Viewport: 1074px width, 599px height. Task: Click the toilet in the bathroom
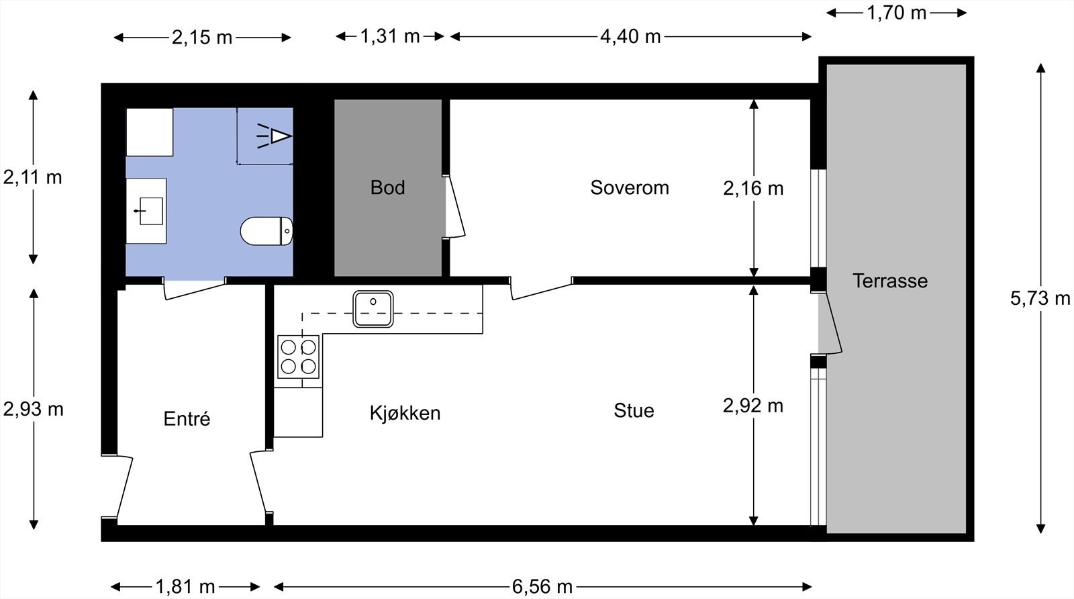266,231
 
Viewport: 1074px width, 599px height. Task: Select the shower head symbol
275,136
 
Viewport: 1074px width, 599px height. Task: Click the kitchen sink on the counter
374,308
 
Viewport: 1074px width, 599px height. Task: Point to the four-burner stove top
298,357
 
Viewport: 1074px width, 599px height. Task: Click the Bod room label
387,187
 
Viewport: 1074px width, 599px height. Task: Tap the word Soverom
629,187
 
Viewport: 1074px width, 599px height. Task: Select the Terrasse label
890,281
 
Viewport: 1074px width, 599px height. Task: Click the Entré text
187,419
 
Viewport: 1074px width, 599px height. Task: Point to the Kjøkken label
405,412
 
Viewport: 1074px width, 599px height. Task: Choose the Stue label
633,410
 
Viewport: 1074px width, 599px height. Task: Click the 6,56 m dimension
542,587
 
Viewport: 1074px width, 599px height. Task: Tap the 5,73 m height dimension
1040,298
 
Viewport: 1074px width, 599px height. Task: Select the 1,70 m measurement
896,13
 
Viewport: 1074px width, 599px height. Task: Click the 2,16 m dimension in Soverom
753,188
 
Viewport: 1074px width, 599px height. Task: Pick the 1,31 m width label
389,36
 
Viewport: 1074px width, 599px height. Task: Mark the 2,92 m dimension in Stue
753,406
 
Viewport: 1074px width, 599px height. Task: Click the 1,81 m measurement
185,587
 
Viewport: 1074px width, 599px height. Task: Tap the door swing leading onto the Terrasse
831,324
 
